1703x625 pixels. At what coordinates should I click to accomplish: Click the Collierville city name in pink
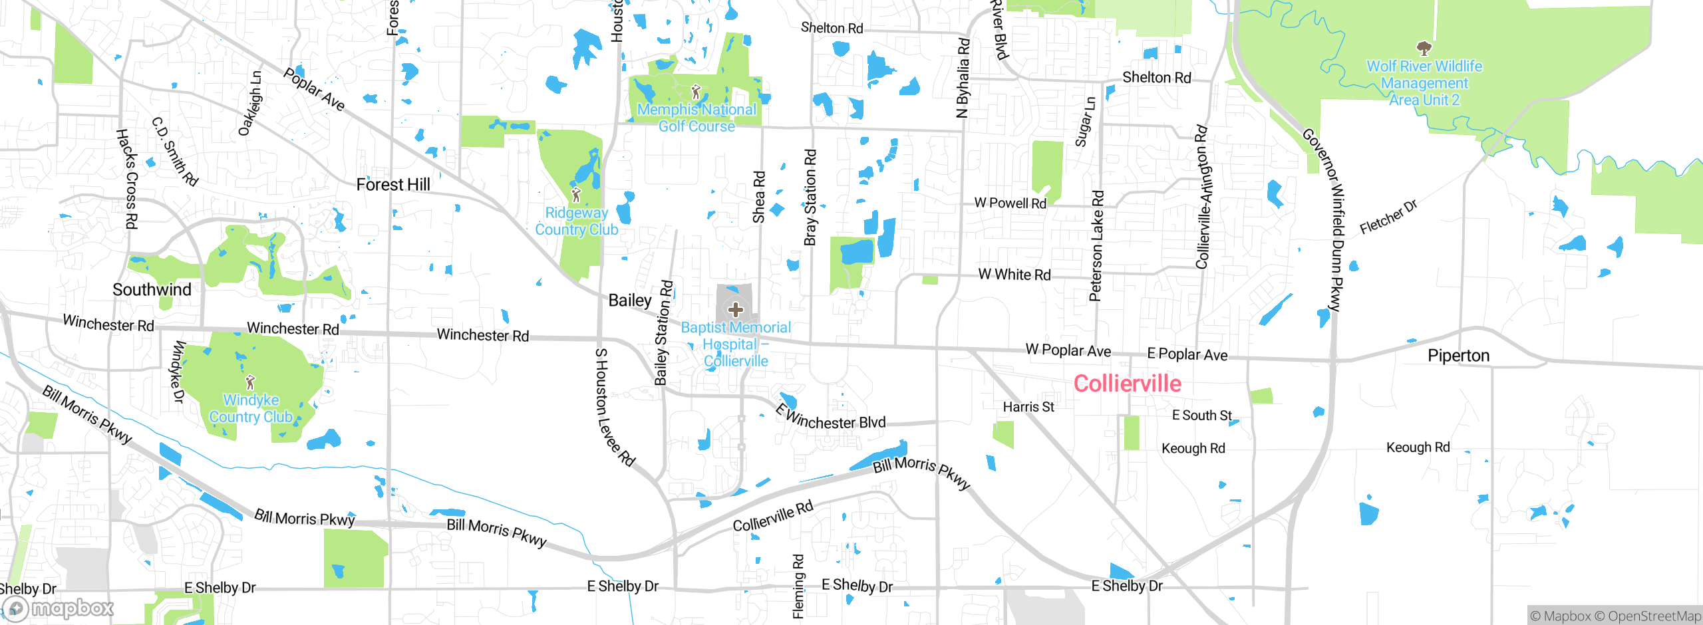[1128, 384]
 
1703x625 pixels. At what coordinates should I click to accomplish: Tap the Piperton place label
[1458, 356]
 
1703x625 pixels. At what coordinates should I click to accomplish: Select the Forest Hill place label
[393, 185]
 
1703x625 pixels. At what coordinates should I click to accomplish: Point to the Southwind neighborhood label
[152, 290]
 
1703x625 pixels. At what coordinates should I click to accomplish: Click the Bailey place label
[630, 301]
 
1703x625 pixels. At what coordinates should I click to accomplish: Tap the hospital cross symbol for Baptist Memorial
[735, 309]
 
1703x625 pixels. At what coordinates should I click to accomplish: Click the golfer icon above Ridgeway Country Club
[576, 195]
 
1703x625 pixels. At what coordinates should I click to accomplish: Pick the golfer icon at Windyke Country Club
[250, 382]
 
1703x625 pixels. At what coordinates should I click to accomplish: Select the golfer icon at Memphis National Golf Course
[696, 92]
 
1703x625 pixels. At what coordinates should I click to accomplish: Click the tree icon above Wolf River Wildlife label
[1424, 48]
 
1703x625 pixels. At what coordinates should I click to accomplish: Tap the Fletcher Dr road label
[1388, 217]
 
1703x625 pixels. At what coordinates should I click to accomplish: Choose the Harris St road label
[1028, 407]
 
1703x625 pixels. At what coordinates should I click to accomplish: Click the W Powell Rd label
[1010, 203]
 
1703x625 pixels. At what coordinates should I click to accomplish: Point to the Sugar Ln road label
[1084, 122]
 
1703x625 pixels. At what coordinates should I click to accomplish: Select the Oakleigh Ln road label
[251, 103]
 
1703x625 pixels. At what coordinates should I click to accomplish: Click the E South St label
[1201, 416]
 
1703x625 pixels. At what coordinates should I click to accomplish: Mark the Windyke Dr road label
[178, 372]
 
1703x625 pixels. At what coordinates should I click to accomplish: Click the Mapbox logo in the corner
[59, 608]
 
